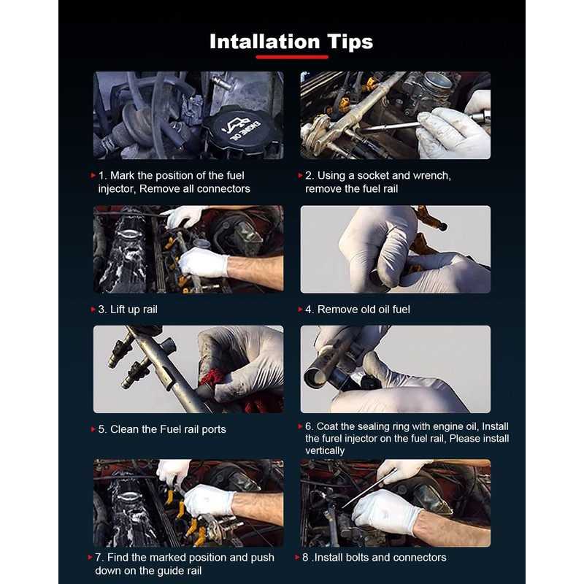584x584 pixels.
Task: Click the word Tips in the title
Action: click(x=350, y=42)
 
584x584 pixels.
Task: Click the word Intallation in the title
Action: click(x=265, y=42)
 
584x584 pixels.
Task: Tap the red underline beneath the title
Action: click(x=292, y=57)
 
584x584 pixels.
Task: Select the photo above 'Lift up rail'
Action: click(x=188, y=249)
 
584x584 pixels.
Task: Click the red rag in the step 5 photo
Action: click(x=239, y=391)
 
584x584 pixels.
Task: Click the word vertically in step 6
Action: click(x=325, y=450)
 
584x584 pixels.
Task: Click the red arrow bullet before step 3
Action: click(x=93, y=309)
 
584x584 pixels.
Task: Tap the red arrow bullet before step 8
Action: click(x=297, y=557)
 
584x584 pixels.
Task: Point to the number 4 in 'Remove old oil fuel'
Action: click(x=308, y=310)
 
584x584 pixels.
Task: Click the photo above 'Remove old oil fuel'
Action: click(x=395, y=249)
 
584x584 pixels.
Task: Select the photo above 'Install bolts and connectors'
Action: click(x=395, y=503)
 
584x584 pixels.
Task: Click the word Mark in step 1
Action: click(x=122, y=175)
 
